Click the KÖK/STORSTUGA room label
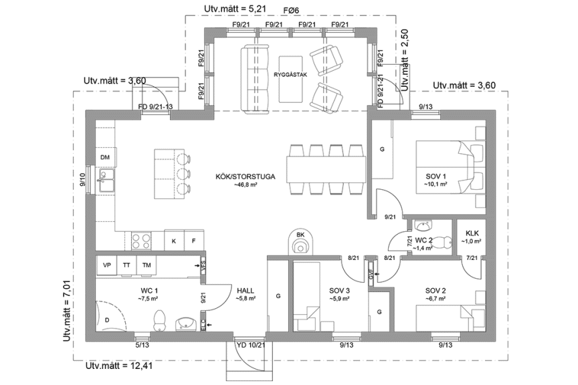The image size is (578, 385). (x=236, y=176)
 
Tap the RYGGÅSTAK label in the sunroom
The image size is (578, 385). (x=290, y=75)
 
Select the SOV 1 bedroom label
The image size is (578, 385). (x=435, y=176)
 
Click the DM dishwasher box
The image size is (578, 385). (x=105, y=157)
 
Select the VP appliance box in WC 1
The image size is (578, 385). (x=106, y=265)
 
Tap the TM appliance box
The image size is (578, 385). (x=147, y=265)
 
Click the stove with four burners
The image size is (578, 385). (x=140, y=240)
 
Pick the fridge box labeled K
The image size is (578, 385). (x=174, y=240)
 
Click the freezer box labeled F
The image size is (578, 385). (x=194, y=240)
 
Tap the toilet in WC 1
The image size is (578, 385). (x=159, y=319)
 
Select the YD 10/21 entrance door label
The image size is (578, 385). (x=252, y=345)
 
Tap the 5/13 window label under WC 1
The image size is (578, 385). (x=142, y=345)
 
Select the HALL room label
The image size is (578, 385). (x=246, y=290)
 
